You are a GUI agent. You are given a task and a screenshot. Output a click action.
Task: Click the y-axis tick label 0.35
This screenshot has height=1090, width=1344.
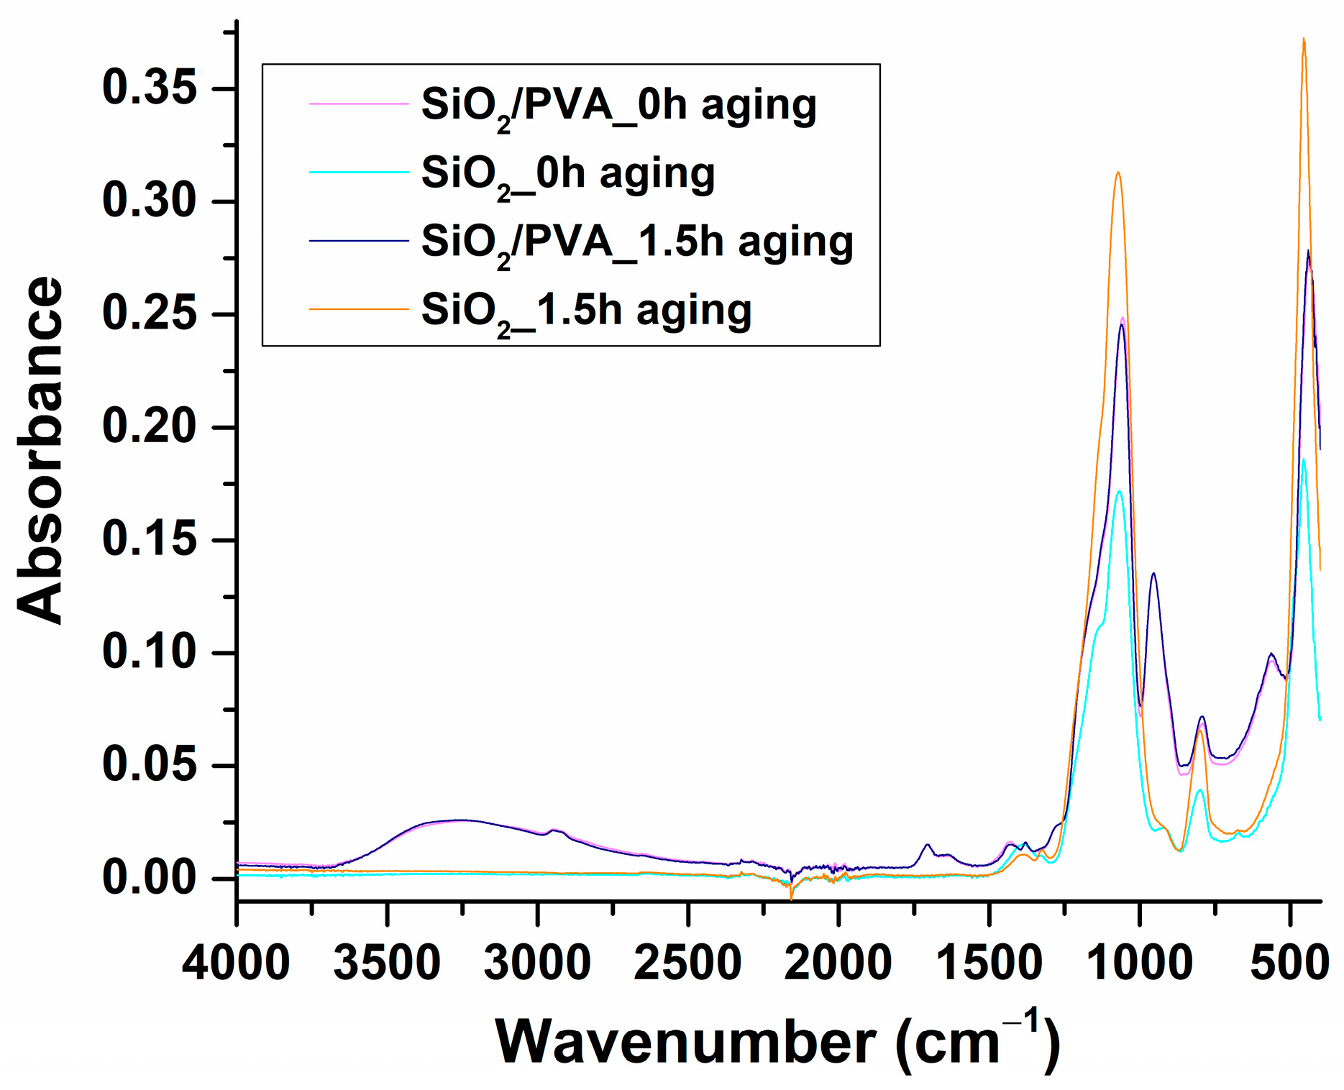[x=150, y=88]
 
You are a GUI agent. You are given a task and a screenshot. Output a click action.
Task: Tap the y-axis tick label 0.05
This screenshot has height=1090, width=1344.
[x=150, y=765]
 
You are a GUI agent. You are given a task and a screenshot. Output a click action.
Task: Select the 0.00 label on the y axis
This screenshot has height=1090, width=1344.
[x=150, y=878]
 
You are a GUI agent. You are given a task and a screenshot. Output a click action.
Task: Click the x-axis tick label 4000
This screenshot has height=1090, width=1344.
[x=236, y=963]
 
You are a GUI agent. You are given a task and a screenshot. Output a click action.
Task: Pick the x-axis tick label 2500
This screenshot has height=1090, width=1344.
[x=687, y=963]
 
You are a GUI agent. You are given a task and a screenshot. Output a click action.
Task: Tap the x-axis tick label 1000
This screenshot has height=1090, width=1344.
[x=1139, y=963]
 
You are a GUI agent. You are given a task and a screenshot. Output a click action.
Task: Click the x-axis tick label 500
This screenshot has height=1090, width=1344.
[x=1289, y=963]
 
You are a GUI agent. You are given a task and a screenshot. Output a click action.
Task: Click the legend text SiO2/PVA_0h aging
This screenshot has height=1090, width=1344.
[x=618, y=106]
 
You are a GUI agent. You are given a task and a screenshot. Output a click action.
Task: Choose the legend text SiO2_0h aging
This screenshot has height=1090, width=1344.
[x=567, y=175]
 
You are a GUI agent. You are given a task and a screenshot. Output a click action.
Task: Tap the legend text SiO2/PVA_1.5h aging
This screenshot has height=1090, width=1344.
[x=636, y=243]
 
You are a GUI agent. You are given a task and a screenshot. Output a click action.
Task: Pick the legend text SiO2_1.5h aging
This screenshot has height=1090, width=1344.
[x=586, y=311]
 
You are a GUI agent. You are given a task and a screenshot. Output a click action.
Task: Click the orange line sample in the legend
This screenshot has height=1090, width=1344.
[x=358, y=308]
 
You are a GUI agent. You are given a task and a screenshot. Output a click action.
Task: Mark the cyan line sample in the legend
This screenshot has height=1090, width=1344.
[x=358, y=172]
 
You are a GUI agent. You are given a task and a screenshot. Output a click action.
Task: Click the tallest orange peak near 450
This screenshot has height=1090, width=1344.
[x=1304, y=40]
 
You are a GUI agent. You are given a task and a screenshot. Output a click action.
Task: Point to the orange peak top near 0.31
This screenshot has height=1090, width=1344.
[x=1117, y=173]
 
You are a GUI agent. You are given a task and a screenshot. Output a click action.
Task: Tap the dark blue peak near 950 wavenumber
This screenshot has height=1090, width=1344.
[x=1153, y=574]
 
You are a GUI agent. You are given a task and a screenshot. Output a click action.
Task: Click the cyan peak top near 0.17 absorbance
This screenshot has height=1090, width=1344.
[x=1119, y=492]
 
